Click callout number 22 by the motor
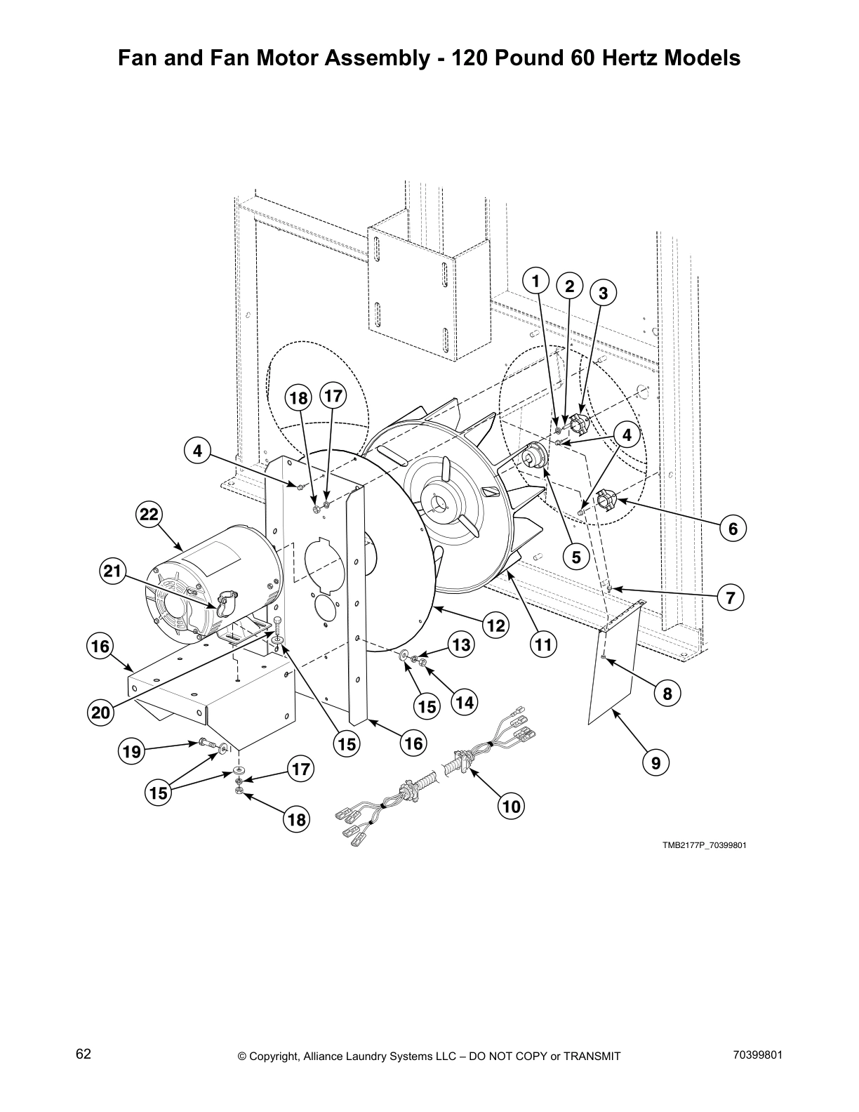tap(149, 515)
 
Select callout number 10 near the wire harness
tap(512, 807)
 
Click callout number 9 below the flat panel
tap(655, 762)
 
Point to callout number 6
tap(733, 528)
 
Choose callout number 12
tap(496, 625)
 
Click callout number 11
tap(543, 644)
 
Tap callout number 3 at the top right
tap(603, 293)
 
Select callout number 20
tap(101, 713)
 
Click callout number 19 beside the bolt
tap(131, 752)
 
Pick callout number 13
tap(461, 644)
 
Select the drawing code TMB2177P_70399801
tap(704, 845)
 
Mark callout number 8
tap(667, 694)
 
